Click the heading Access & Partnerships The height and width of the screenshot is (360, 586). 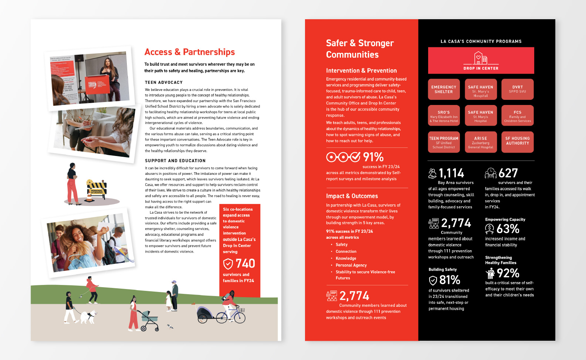pyautogui.click(x=190, y=52)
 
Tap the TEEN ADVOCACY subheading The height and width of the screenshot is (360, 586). pyautogui.click(x=164, y=82)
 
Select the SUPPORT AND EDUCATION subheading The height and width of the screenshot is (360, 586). pyautogui.click(x=175, y=161)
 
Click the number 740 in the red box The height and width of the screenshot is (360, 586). pyautogui.click(x=245, y=264)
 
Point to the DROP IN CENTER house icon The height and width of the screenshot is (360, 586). pyautogui.click(x=481, y=58)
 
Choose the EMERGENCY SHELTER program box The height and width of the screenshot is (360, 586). pyautogui.click(x=444, y=89)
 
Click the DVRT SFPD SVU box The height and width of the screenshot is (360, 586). pyautogui.click(x=517, y=89)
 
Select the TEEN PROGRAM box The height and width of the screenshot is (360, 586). pyautogui.click(x=444, y=142)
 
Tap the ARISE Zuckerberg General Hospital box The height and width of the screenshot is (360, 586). pyautogui.click(x=480, y=142)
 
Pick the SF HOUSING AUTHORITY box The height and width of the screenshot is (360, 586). pyautogui.click(x=517, y=142)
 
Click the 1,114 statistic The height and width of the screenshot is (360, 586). pyautogui.click(x=451, y=173)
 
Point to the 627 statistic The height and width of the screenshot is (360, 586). pyautogui.click(x=508, y=173)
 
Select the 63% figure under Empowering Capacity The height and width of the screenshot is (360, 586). pyautogui.click(x=508, y=229)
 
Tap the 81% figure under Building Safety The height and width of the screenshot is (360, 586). pyautogui.click(x=450, y=280)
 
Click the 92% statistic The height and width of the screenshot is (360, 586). pyautogui.click(x=508, y=274)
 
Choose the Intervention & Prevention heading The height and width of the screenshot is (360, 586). pyautogui.click(x=361, y=71)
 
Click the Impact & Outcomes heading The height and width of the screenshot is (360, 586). pyautogui.click(x=352, y=196)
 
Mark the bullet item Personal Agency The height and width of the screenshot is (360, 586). pyautogui.click(x=351, y=265)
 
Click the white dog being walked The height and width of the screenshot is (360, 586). pyautogui.click(x=88, y=317)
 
